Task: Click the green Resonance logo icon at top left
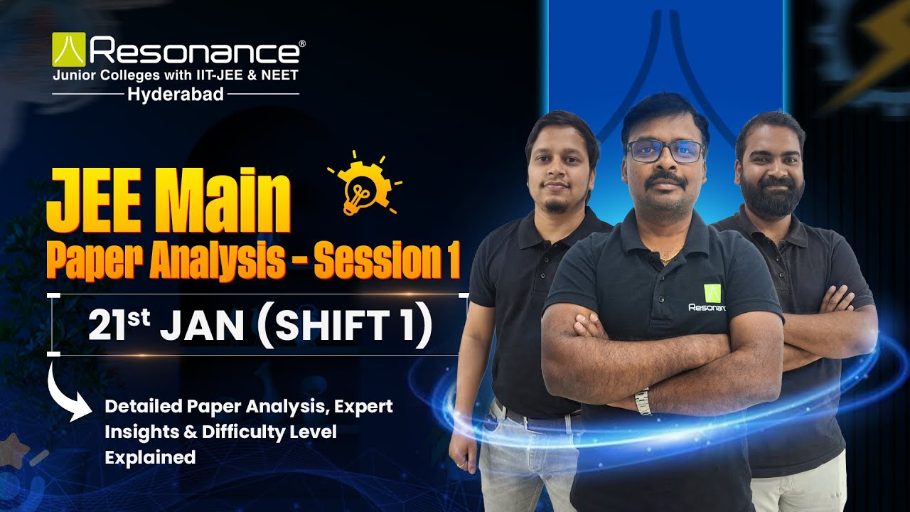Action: tap(68, 50)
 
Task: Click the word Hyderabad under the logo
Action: tap(176, 94)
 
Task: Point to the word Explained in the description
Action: tap(150, 457)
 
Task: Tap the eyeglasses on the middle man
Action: tap(664, 151)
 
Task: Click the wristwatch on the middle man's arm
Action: tap(643, 402)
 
